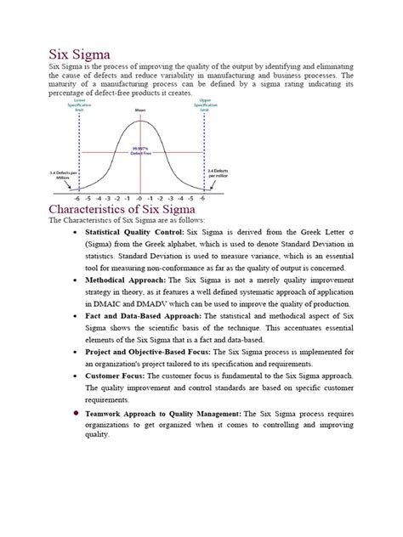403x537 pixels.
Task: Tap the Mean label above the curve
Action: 140,111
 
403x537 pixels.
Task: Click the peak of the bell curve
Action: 140,122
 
